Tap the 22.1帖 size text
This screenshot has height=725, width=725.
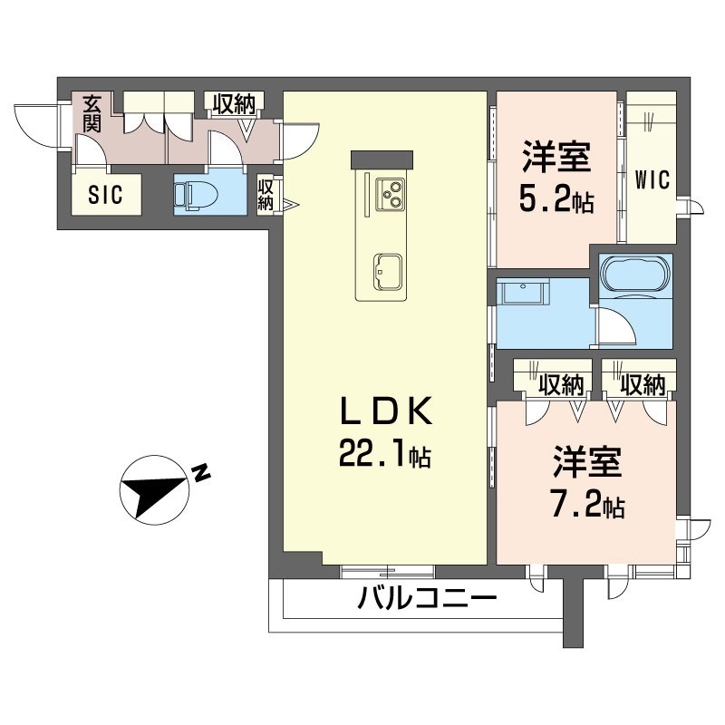click(x=383, y=453)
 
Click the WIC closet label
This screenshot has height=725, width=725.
click(x=652, y=179)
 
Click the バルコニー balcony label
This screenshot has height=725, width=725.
click(x=427, y=599)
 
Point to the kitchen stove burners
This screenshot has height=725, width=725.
click(x=392, y=190)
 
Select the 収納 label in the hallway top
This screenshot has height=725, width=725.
click(x=234, y=104)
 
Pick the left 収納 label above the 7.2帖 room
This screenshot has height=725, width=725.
click(x=559, y=384)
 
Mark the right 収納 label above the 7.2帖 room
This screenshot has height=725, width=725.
click(x=643, y=384)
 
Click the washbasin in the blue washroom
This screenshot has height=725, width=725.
click(x=523, y=295)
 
